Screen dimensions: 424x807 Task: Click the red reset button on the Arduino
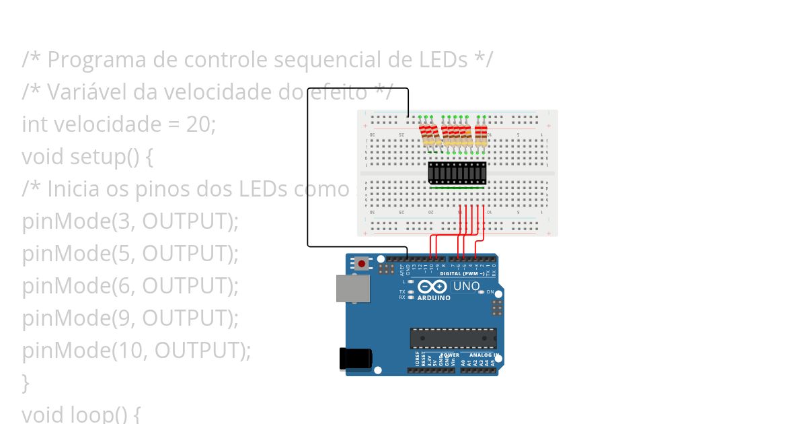click(362, 264)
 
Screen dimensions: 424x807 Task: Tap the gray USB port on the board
click(353, 289)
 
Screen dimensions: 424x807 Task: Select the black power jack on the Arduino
click(354, 358)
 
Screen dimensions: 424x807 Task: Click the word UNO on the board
click(466, 286)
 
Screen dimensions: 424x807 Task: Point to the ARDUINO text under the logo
click(434, 297)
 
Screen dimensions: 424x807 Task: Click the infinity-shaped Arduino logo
click(436, 287)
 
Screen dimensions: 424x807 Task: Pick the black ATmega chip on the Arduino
click(453, 338)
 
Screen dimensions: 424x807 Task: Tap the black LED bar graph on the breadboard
click(457, 173)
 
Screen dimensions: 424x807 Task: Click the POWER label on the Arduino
click(450, 355)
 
